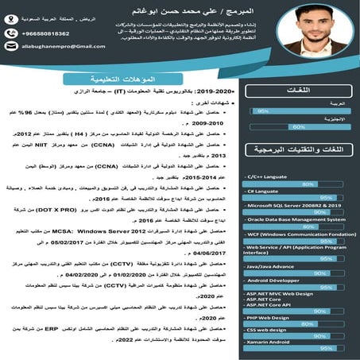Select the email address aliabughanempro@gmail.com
click(42, 48)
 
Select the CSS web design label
click(250, 329)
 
